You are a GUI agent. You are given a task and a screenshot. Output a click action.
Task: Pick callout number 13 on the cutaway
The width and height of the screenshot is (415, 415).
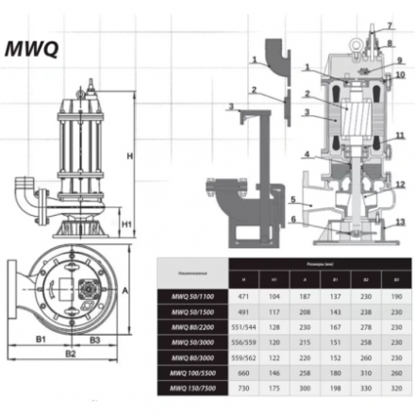pyautogui.click(x=401, y=223)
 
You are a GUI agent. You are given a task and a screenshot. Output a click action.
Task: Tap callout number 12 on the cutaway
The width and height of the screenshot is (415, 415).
pyautogui.click(x=401, y=185)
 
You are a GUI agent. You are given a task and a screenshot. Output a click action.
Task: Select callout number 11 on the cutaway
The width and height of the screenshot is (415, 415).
pyautogui.click(x=400, y=136)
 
